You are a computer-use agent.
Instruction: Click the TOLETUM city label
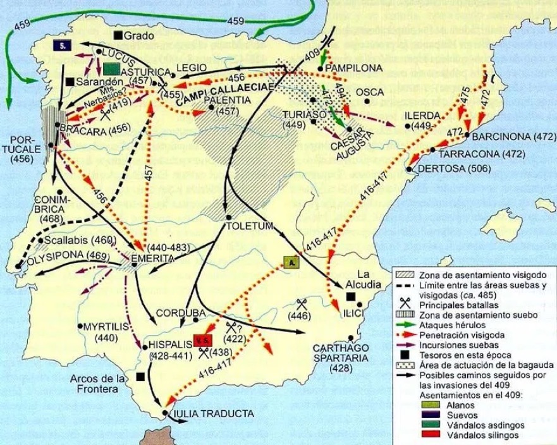click(250, 226)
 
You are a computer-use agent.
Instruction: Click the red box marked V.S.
click(202, 341)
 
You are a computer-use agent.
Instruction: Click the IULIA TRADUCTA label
click(212, 414)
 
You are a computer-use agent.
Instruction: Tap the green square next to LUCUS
click(112, 69)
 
